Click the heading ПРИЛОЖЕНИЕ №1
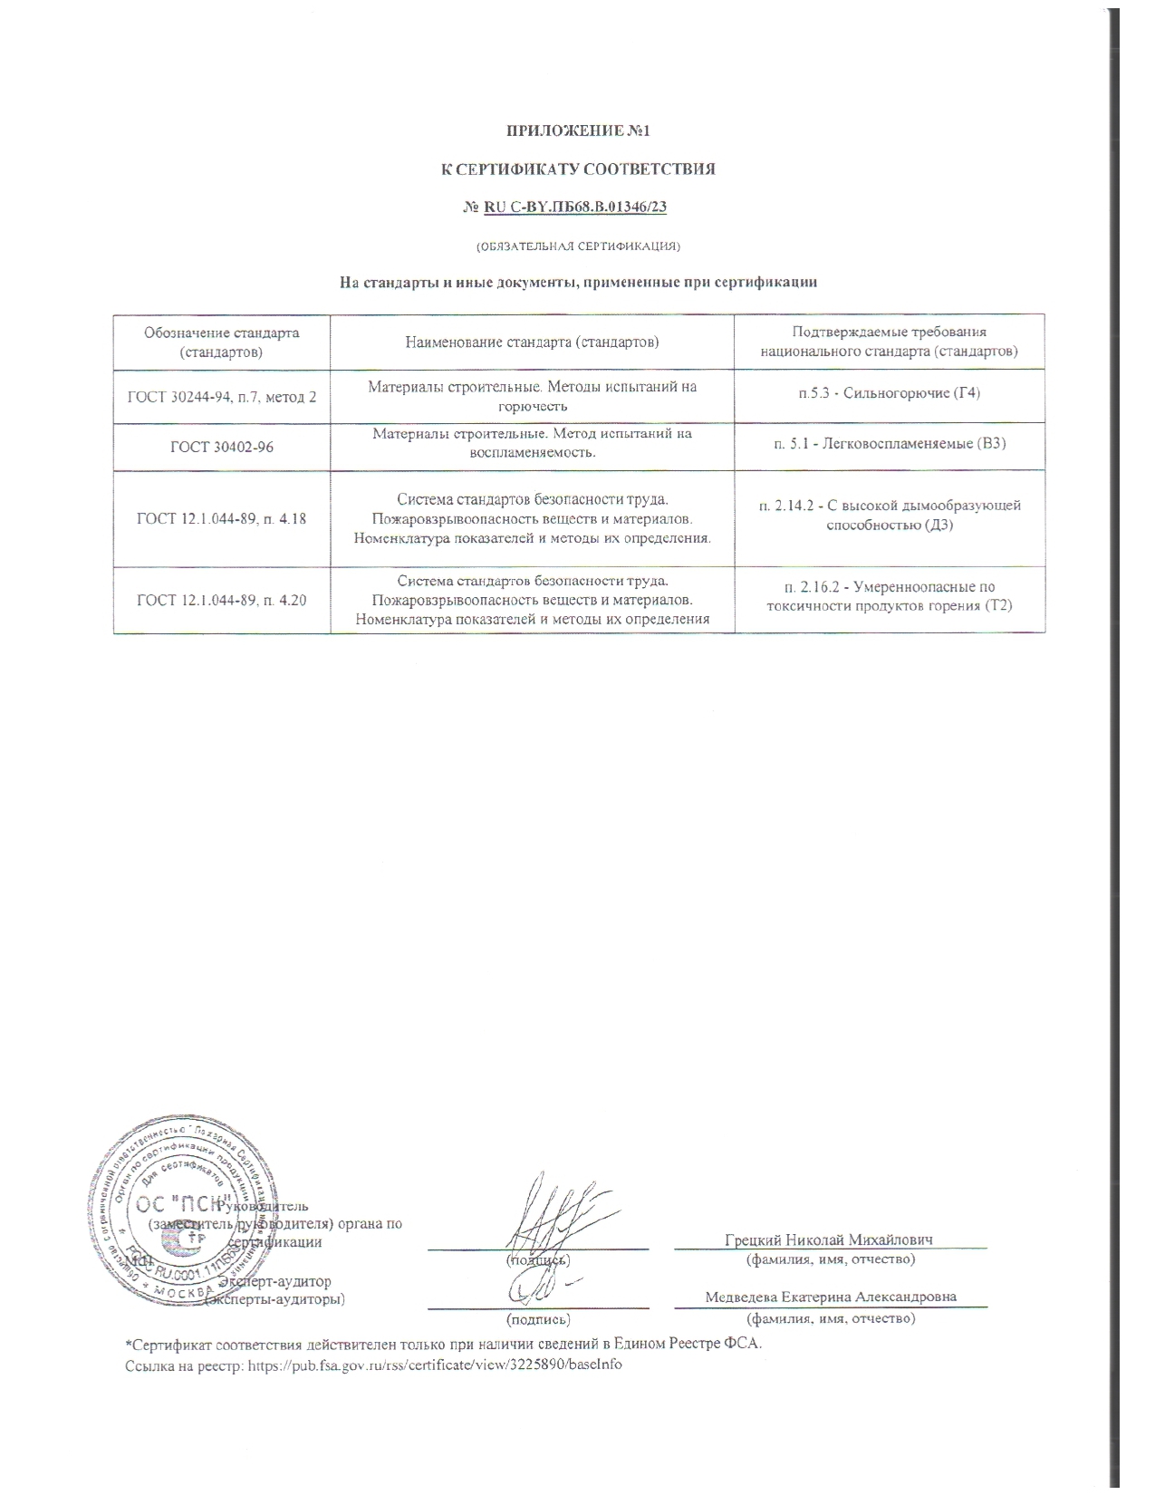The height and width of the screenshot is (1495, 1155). coord(578,131)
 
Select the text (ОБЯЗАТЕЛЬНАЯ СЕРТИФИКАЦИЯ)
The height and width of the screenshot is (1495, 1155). coord(578,246)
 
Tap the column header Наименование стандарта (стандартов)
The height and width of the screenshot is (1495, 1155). coord(532,342)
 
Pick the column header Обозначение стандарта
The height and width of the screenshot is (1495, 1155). coord(222,342)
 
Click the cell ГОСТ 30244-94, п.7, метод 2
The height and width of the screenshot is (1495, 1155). coord(222,396)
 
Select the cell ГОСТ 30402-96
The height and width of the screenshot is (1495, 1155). coord(222,446)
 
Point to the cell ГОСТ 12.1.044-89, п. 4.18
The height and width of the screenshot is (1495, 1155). coord(222,519)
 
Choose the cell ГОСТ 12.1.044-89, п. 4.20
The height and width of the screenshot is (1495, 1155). coord(222,599)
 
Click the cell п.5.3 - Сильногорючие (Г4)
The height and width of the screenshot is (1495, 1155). coord(889,393)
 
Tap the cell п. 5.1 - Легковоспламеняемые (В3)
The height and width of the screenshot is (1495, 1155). coord(889,443)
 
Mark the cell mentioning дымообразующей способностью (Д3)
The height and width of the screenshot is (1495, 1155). coord(889,516)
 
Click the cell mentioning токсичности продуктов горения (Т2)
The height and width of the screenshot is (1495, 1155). coord(889,596)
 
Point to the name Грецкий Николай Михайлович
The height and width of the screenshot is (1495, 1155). coord(829,1239)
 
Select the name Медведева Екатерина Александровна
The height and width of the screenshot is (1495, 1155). coord(831,1297)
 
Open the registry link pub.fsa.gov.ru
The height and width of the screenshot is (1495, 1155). coord(435,1364)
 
